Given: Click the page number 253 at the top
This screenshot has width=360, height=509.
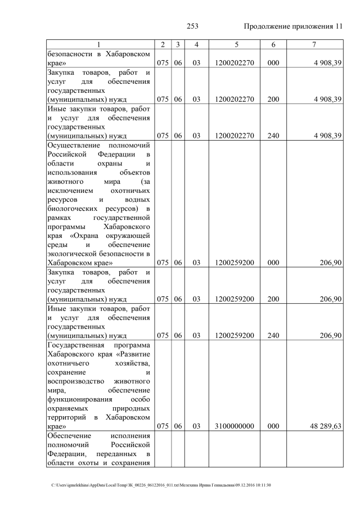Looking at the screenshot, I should click(x=193, y=26).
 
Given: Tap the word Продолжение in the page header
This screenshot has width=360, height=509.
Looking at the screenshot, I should click(x=269, y=26).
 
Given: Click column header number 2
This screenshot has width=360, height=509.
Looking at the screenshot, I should click(x=163, y=44).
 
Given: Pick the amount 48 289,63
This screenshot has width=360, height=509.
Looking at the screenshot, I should click(x=322, y=426).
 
